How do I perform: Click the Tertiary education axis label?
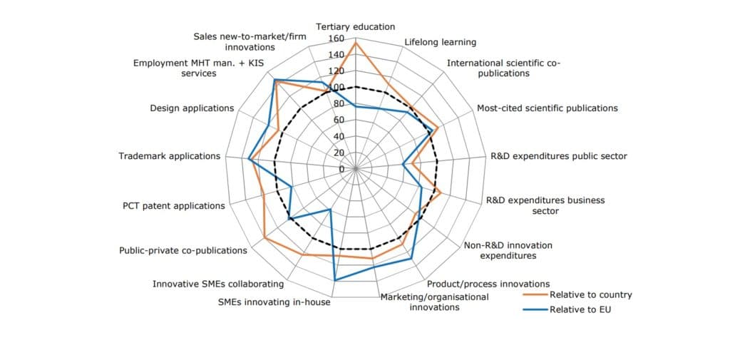pyautogui.click(x=355, y=27)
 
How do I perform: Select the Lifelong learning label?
pyautogui.click(x=440, y=42)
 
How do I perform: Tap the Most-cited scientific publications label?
pyautogui.click(x=547, y=108)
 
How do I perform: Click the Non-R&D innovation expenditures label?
pyautogui.click(x=508, y=250)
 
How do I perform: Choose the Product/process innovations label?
pyautogui.click(x=488, y=284)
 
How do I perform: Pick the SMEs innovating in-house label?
pyautogui.click(x=274, y=302)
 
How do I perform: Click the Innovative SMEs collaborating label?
pyautogui.click(x=218, y=284)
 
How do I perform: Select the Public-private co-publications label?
pyautogui.click(x=183, y=250)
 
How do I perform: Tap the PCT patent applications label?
pyautogui.click(x=173, y=206)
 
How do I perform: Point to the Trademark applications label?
pyautogui.click(x=170, y=156)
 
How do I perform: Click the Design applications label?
pyautogui.click(x=192, y=108)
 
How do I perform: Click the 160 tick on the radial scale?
pyautogui.click(x=336, y=38)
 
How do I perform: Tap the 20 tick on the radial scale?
pyautogui.click(x=339, y=153)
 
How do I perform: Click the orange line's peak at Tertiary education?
pyautogui.click(x=355, y=43)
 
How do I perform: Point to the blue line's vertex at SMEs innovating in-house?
pyautogui.click(x=334, y=280)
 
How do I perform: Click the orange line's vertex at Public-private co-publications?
pyautogui.click(x=264, y=237)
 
